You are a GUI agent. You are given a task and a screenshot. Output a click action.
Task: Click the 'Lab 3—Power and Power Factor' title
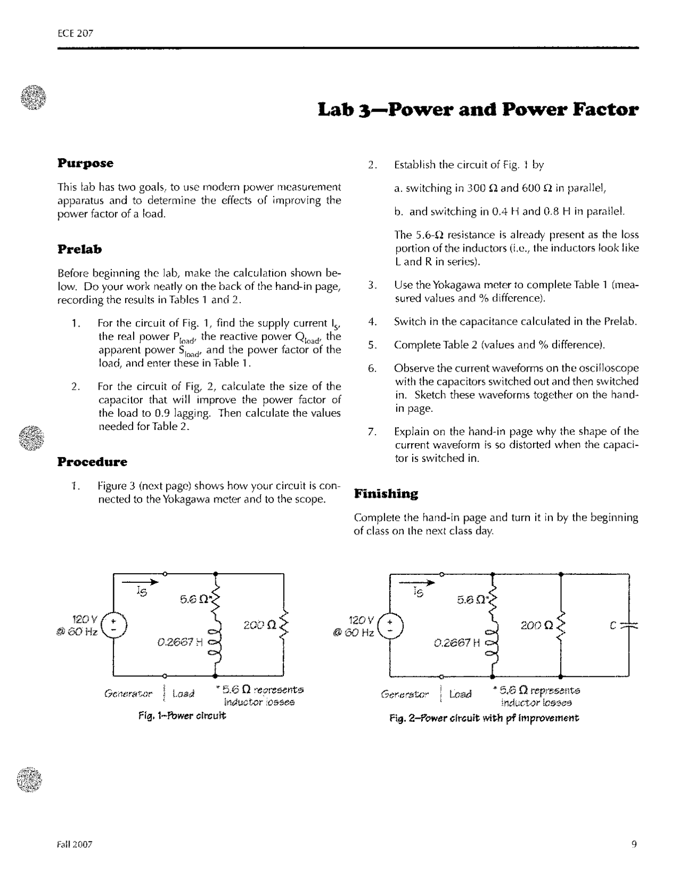478,109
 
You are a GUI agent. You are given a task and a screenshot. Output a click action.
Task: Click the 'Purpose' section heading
85,163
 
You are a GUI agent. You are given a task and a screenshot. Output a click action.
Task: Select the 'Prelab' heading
80,249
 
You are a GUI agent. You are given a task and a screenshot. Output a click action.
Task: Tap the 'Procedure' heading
92,462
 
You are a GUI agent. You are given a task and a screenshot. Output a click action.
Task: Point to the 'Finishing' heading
386,494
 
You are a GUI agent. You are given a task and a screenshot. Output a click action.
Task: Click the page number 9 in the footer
634,844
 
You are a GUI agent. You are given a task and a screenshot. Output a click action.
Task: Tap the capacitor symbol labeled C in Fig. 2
629,625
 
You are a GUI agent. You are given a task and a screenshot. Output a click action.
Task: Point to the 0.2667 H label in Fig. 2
457,643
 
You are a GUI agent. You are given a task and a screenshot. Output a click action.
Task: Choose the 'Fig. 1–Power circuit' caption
182,716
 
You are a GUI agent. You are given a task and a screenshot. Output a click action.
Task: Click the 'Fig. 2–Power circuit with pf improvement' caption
483,718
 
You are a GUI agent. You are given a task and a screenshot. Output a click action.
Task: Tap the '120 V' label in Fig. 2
361,619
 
